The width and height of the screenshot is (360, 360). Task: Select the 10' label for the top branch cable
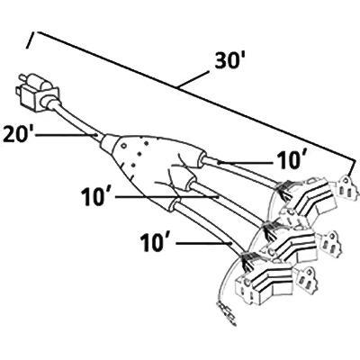(287, 161)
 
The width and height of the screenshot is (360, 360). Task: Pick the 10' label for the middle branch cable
(95, 197)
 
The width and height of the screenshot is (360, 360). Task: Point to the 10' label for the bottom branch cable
(155, 243)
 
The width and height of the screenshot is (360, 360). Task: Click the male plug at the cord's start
(38, 92)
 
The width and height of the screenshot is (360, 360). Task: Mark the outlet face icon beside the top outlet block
(344, 188)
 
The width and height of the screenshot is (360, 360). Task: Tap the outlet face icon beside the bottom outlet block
(306, 279)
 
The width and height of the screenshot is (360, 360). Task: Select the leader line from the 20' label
(67, 135)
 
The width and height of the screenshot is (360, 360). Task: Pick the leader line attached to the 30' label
(193, 79)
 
